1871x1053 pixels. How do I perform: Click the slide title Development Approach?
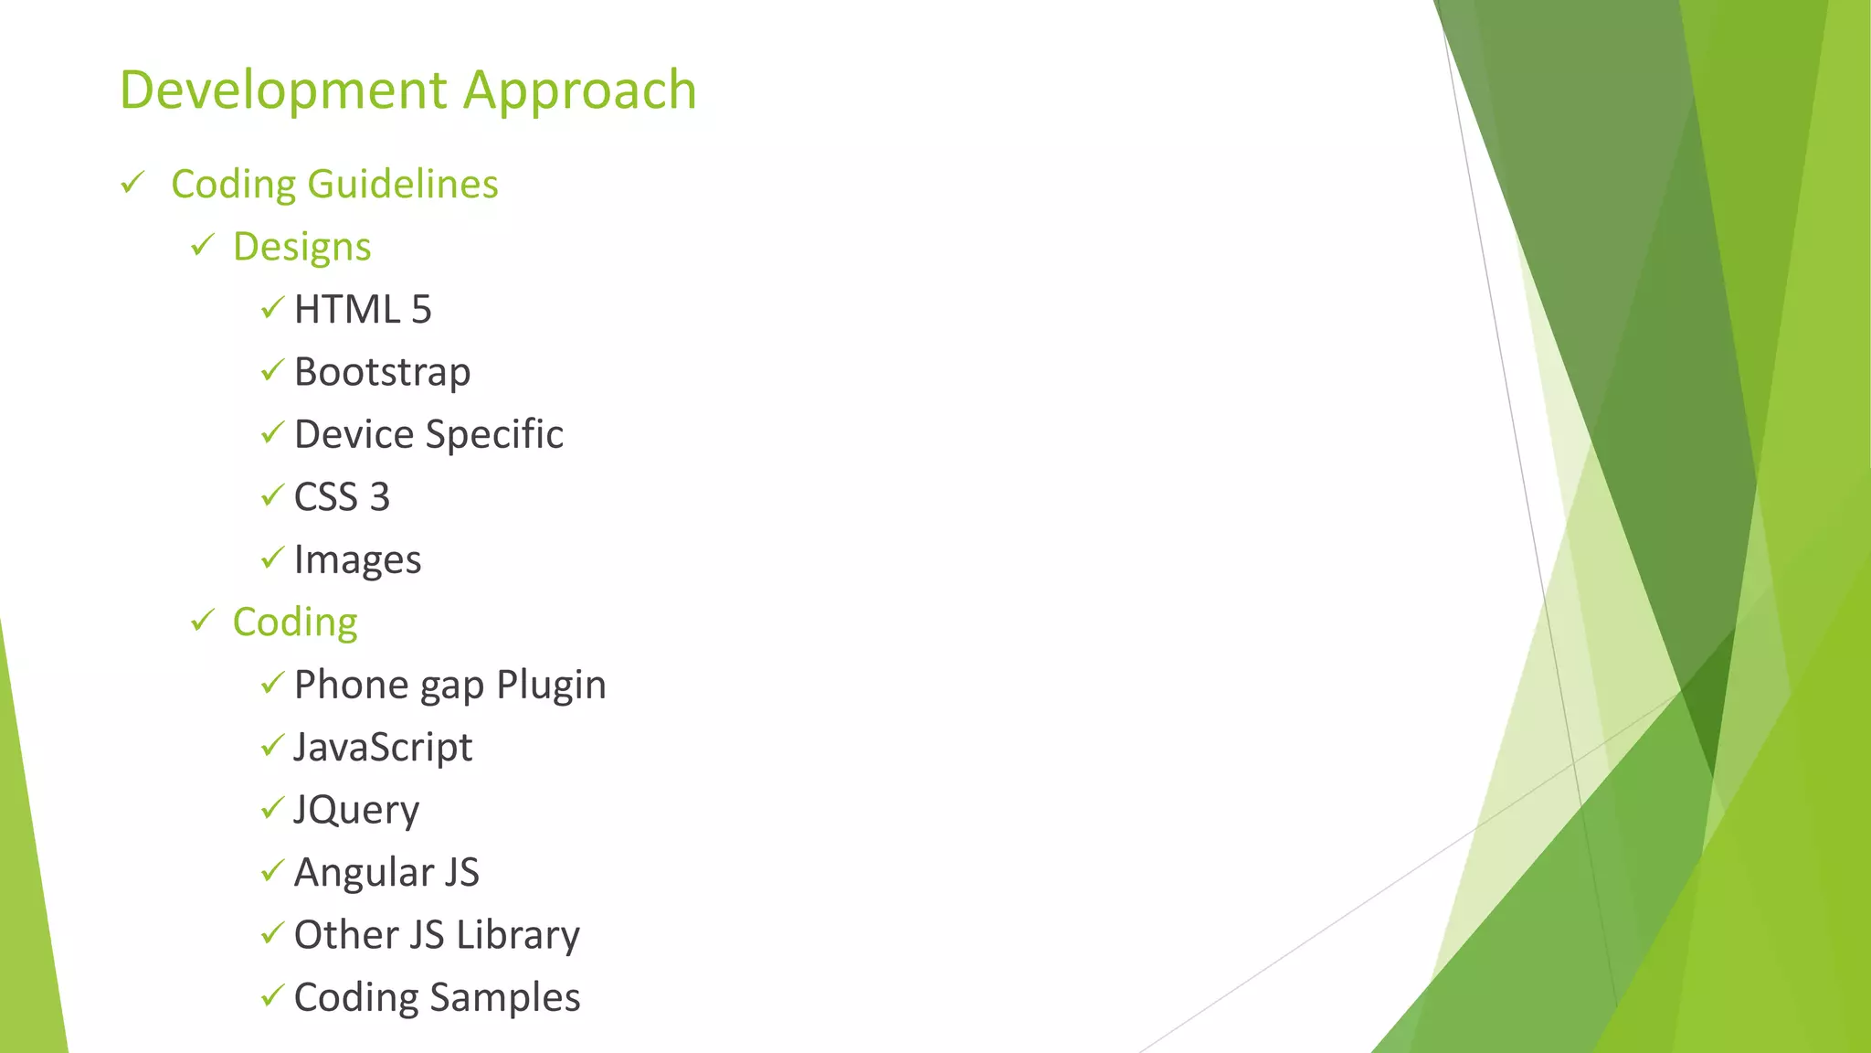pos(407,90)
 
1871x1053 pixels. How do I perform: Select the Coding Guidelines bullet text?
pos(334,184)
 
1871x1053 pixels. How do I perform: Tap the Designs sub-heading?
pos(301,247)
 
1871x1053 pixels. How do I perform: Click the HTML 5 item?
pos(362,310)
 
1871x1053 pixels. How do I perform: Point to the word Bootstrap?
pos(382,372)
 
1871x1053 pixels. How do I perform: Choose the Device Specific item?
pos(428,434)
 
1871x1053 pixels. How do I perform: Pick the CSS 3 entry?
pos(341,497)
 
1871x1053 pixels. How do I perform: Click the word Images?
pos(357,559)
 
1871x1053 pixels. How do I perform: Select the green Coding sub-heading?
pos(294,622)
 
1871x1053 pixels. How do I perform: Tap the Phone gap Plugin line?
pos(449,685)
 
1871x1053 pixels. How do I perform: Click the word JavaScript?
pos(382,747)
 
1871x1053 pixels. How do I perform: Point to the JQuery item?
pos(355,810)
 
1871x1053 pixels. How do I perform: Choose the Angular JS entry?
pos(386,872)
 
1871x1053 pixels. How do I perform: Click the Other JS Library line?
pos(436,935)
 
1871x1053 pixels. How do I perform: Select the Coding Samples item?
pos(436,997)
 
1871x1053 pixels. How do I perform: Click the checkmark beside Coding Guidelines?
pos(132,183)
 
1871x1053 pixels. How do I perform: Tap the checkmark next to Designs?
pos(202,245)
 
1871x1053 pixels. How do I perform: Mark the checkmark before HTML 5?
pos(272,308)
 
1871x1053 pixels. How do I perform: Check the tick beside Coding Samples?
pos(272,995)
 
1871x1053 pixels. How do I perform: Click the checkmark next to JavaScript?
pos(272,746)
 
